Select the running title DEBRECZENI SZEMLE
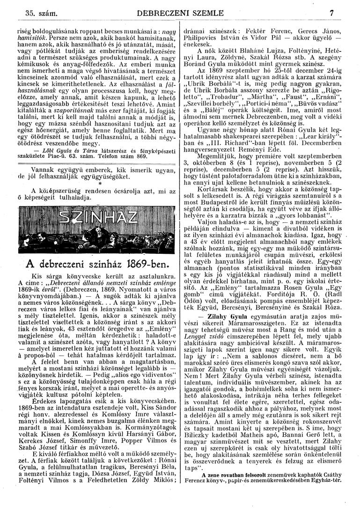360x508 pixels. coord(180,14)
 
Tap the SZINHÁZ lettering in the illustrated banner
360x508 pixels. coord(92,230)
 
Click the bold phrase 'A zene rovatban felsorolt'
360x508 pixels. coord(244,487)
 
